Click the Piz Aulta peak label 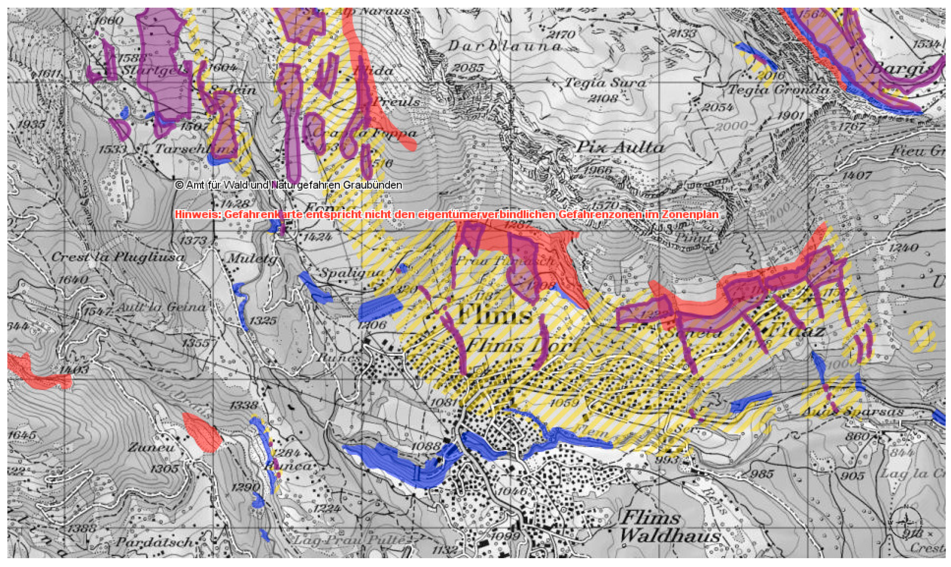click(619, 147)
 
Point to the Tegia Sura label click(606, 83)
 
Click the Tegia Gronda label click(779, 90)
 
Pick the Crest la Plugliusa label click(117, 257)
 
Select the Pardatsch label click(155, 542)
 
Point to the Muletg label click(252, 259)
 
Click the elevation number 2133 click(683, 33)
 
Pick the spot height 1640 click(73, 280)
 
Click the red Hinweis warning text click(446, 214)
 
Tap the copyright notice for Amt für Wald click(288, 185)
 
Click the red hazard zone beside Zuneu click(203, 433)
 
